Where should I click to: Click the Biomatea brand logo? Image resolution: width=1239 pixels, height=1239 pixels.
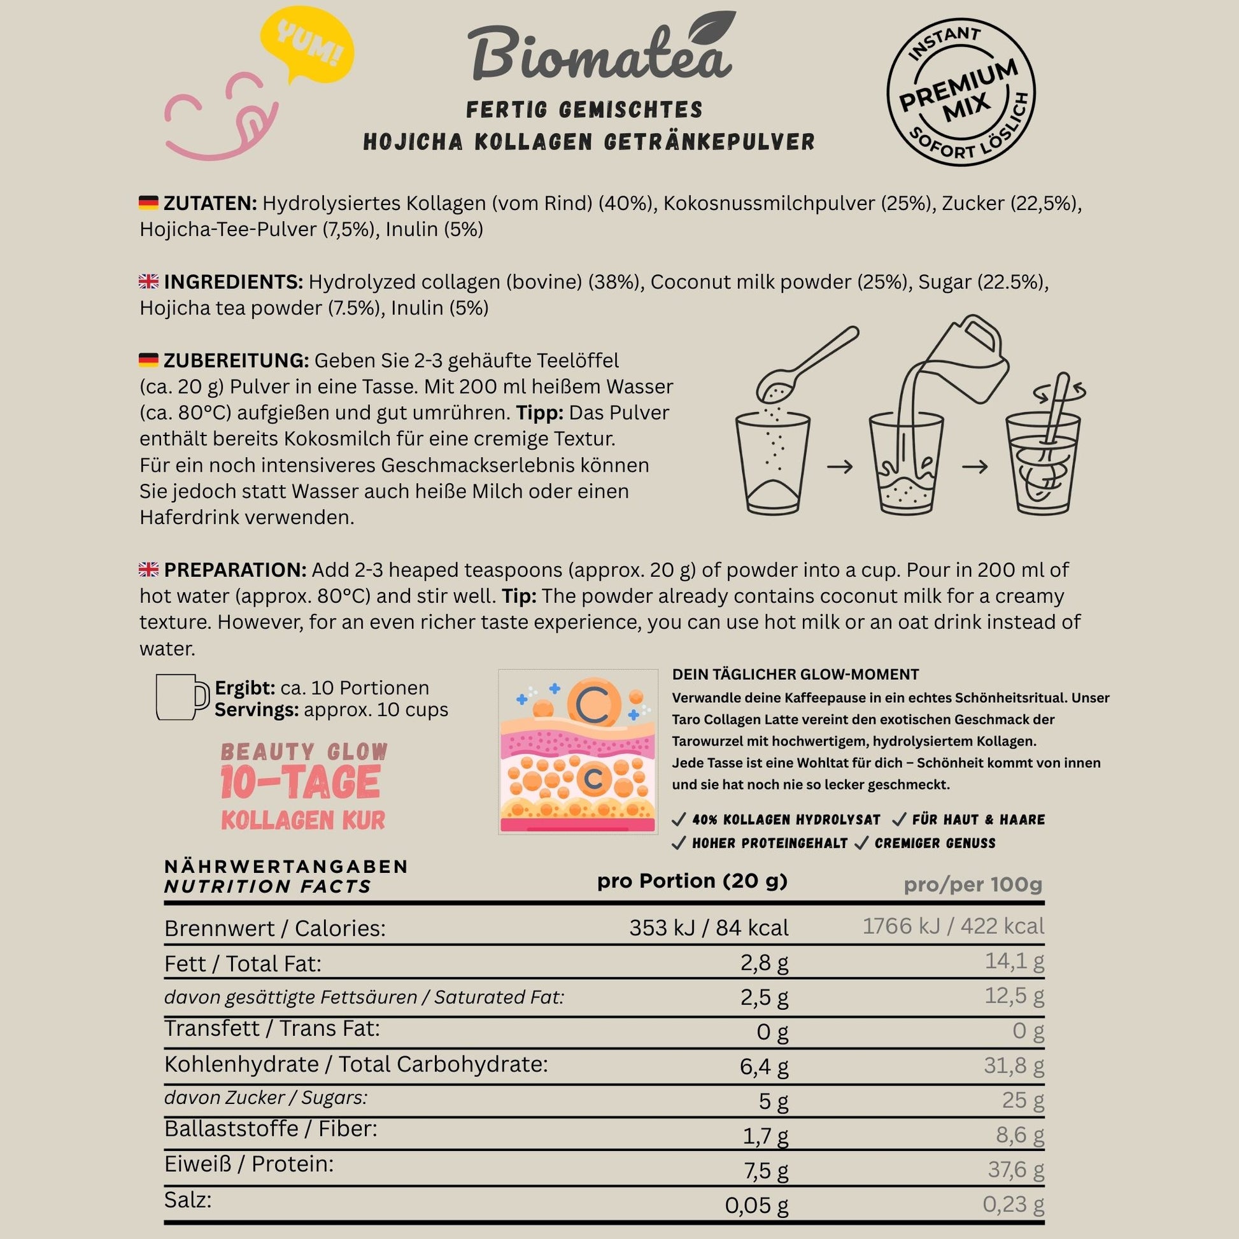(600, 55)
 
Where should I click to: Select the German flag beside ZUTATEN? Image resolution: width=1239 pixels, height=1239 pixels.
(148, 203)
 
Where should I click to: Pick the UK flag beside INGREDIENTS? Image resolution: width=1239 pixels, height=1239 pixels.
(148, 281)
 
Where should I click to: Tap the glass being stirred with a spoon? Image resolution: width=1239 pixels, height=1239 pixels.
(1044, 455)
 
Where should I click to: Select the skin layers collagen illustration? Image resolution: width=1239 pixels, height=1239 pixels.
(577, 751)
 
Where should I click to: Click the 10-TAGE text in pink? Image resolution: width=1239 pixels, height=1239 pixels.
(300, 783)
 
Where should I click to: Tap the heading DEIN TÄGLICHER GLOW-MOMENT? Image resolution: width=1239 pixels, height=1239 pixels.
(795, 675)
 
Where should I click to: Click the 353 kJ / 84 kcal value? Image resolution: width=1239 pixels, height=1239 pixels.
(709, 928)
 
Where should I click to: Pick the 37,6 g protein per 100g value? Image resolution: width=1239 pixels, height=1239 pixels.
(1015, 1170)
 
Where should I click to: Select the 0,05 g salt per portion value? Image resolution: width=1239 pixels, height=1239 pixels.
(756, 1206)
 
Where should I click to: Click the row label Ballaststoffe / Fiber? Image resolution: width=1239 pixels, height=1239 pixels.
(271, 1129)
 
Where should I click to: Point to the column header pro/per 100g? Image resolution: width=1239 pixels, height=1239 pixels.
(972, 884)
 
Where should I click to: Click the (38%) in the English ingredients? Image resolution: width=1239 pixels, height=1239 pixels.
(615, 282)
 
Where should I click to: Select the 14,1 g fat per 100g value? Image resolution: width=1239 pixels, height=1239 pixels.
(1014, 961)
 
